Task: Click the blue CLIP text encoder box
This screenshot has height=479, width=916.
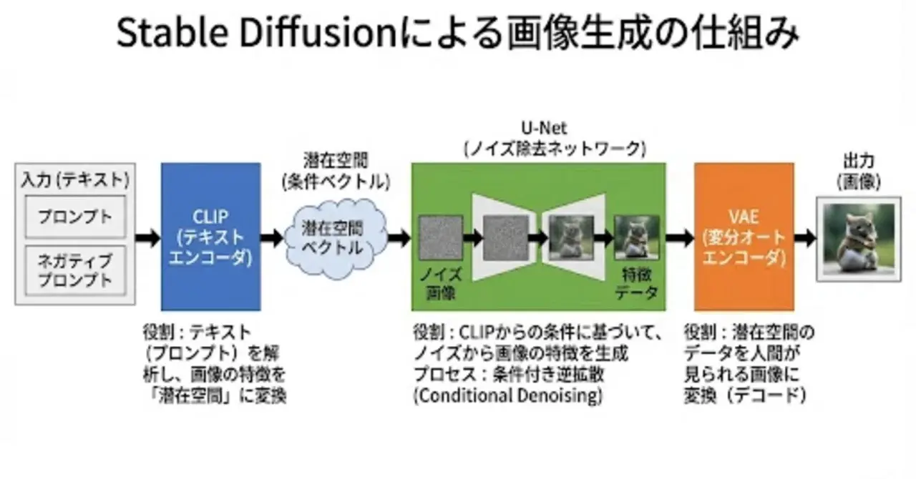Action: pos(210,237)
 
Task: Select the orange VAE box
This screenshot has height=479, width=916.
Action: pos(744,237)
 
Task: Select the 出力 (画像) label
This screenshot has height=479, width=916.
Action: pos(858,172)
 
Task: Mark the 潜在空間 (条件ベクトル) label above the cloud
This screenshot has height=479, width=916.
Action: pos(337,172)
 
